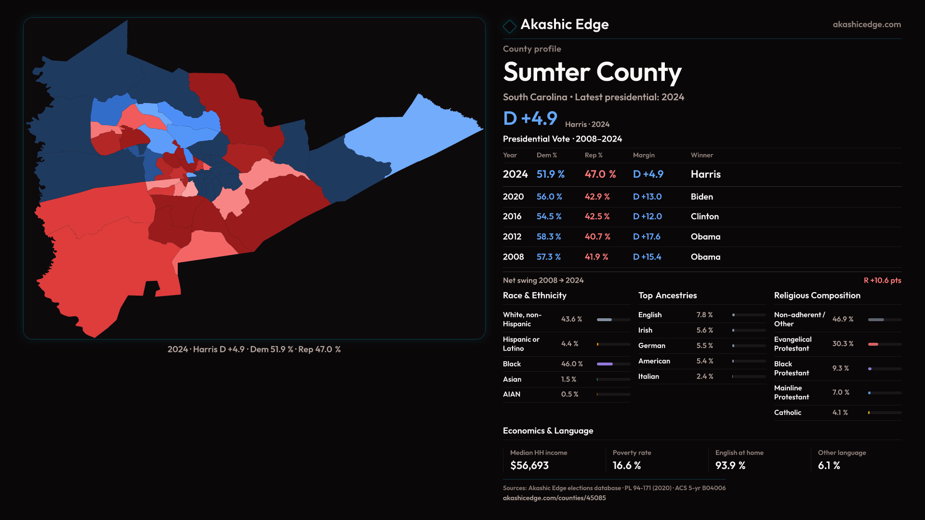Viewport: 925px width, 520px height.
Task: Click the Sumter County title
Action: coord(592,72)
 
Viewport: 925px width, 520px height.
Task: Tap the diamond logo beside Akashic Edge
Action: coord(509,26)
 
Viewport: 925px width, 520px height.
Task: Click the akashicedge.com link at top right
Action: coord(866,25)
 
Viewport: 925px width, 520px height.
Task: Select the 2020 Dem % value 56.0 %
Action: coord(549,197)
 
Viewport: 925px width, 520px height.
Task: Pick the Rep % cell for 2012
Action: coord(597,237)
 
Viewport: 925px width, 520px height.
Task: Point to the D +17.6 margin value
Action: coord(647,237)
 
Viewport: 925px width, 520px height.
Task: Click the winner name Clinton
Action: coord(704,217)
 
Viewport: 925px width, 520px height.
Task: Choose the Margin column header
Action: coord(644,155)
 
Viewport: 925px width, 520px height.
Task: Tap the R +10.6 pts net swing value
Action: coord(882,280)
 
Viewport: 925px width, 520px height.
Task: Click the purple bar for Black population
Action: coord(605,364)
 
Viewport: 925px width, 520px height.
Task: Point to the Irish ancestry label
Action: coord(645,330)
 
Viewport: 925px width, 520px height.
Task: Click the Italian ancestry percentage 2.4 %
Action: coord(704,377)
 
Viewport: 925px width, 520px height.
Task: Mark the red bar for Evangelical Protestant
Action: coord(873,344)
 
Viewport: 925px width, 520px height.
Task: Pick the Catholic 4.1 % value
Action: coord(840,413)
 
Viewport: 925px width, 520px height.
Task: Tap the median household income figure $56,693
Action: coord(529,466)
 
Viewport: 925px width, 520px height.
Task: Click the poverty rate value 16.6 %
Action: coord(626,466)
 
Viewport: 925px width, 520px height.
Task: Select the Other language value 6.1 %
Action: coord(829,466)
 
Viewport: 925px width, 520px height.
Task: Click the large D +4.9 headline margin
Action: coord(530,118)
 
